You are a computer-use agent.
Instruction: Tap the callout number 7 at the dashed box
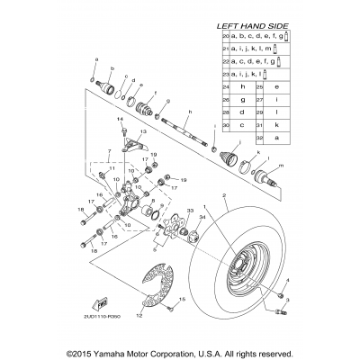click(109, 153)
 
